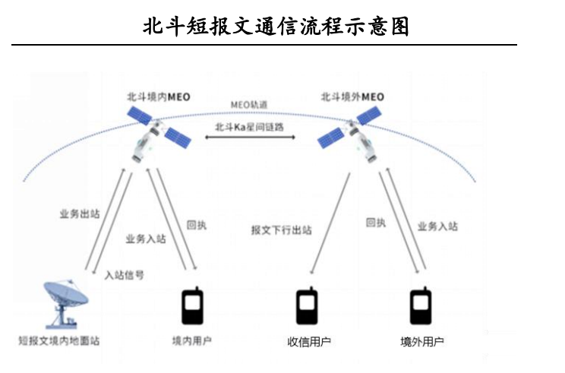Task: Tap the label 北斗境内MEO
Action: coord(158,97)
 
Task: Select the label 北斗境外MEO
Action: coord(352,97)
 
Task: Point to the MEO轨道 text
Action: coord(250,104)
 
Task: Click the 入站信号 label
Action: coord(124,274)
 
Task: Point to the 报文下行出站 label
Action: coord(281,229)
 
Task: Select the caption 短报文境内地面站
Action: coord(59,341)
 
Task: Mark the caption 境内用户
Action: coord(194,341)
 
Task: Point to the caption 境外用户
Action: coord(422,341)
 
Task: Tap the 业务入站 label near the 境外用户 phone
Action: coord(438,226)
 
